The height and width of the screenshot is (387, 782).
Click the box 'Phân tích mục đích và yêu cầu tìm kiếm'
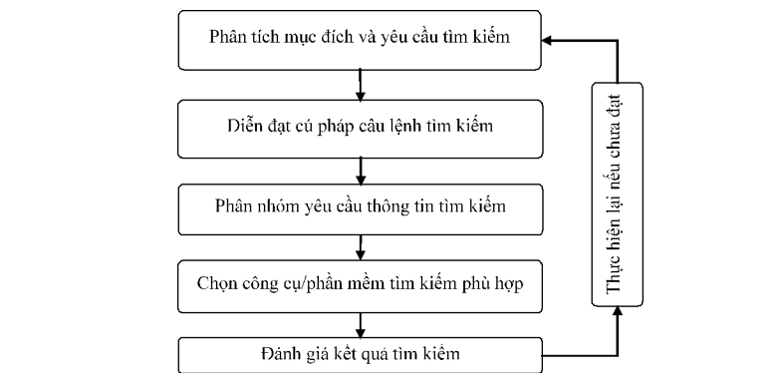pos(361,38)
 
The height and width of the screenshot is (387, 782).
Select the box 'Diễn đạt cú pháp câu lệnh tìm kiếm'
pos(361,127)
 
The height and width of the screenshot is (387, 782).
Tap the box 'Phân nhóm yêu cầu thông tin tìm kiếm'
pos(361,208)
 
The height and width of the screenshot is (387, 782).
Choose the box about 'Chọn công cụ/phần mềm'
pos(361,284)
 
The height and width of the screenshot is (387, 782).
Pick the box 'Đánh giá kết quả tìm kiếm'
pos(361,355)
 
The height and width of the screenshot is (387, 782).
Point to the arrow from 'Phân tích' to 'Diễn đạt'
pos(360,82)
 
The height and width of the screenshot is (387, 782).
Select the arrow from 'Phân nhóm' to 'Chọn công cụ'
pos(360,246)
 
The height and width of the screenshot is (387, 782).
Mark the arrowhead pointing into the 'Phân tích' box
pos(548,41)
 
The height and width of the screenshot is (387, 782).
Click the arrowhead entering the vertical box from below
pos(617,312)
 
